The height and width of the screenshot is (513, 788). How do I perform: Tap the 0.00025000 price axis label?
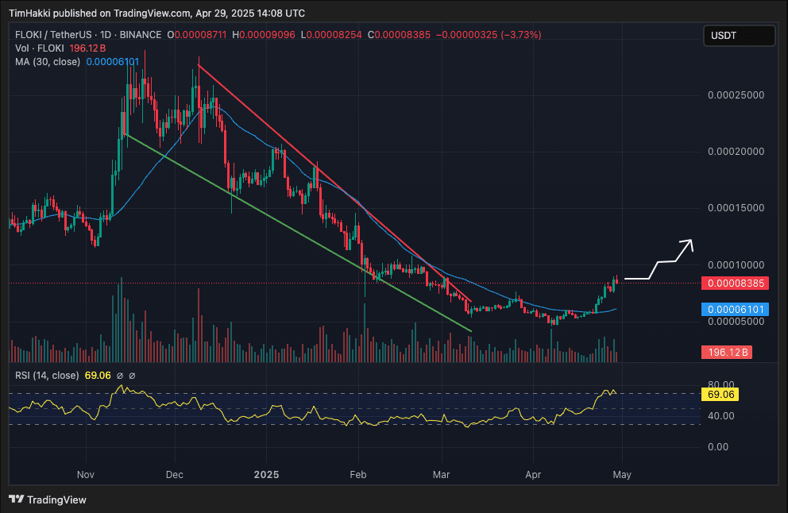(734, 94)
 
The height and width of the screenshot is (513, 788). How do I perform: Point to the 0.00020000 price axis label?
(734, 151)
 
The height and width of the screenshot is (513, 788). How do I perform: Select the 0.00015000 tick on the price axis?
(734, 208)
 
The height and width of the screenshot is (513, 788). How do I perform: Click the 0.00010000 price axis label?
(734, 264)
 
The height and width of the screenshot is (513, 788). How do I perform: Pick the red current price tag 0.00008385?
(727, 283)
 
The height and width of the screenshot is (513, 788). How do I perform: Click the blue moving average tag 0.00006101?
(727, 309)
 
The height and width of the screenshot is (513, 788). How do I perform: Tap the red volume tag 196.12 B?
(727, 352)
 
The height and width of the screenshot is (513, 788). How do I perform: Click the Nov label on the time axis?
(87, 475)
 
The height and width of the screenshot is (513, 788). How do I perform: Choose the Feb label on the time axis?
(358, 475)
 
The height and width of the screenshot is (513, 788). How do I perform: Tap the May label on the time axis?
(621, 475)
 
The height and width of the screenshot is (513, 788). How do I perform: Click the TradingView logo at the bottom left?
(48, 499)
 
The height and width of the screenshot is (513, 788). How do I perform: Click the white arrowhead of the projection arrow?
(689, 243)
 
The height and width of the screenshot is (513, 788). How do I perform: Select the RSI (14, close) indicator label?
(47, 375)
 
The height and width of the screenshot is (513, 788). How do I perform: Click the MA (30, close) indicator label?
(48, 61)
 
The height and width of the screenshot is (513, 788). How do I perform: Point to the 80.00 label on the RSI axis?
(719, 382)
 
